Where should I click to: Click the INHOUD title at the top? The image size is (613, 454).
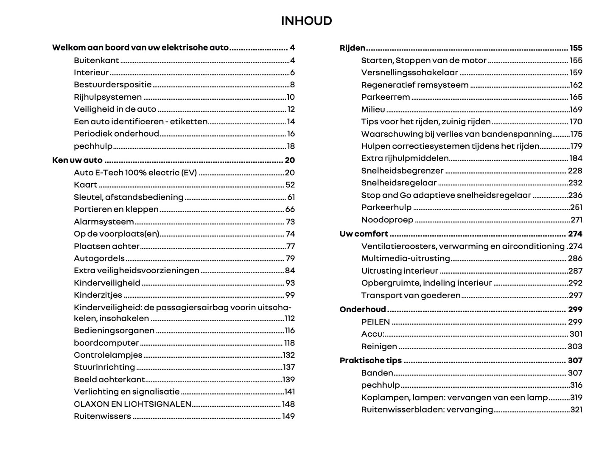[x=306, y=21]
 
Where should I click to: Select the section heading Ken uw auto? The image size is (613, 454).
[x=77, y=160]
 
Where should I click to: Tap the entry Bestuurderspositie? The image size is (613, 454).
[x=112, y=85]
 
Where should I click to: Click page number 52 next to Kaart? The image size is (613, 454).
[x=290, y=185]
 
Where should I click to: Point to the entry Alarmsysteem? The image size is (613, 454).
[x=104, y=221]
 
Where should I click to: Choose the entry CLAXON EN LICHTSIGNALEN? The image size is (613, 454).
[x=132, y=404]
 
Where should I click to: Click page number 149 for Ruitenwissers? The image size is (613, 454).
[x=288, y=416]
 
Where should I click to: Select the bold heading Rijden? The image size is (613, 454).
[x=353, y=48]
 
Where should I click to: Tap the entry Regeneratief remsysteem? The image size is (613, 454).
[x=414, y=85]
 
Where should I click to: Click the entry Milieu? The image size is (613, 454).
[x=373, y=109]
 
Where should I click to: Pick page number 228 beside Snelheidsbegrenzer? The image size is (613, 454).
[x=575, y=171]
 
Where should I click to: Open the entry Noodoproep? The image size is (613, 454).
[x=387, y=220]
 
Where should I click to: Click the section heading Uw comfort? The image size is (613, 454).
[x=364, y=234]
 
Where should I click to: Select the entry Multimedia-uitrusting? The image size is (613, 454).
[x=405, y=258]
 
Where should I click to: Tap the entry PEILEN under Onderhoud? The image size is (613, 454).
[x=375, y=322]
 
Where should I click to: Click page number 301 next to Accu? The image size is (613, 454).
[x=576, y=334]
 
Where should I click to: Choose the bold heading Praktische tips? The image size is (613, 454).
[x=370, y=360]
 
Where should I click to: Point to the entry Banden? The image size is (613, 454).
[x=377, y=373]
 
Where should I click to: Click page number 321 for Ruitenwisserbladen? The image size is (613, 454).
[x=576, y=409]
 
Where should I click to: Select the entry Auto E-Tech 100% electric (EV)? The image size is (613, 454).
[x=135, y=172]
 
